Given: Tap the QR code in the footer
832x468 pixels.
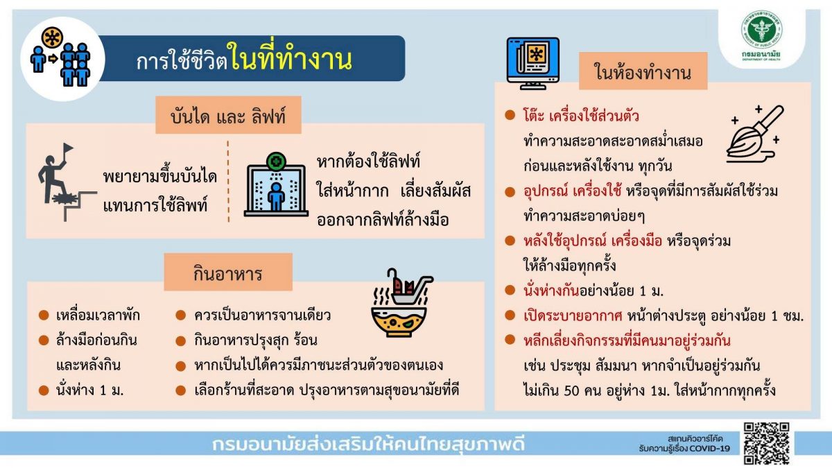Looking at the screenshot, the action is (x=767, y=444).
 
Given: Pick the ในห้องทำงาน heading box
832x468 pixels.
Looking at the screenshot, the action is (x=643, y=71).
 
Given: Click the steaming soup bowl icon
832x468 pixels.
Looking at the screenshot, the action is (x=402, y=303).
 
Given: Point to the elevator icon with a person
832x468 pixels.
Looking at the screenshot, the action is (x=276, y=184).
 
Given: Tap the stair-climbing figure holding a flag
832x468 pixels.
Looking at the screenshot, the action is (x=67, y=182).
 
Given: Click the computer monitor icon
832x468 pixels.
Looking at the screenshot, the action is (x=533, y=64).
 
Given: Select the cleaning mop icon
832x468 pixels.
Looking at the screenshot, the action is (x=755, y=134).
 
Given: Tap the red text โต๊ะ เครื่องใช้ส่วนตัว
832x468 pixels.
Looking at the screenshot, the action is (x=581, y=116).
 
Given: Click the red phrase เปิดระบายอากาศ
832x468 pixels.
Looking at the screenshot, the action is (x=573, y=315).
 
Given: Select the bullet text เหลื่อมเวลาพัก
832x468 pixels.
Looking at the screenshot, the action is (x=98, y=315).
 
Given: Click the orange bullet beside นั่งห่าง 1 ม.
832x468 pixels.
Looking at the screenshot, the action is (x=44, y=390).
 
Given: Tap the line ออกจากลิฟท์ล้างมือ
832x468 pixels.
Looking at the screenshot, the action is (x=383, y=219).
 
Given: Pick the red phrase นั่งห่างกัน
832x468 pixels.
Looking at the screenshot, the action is (x=551, y=291).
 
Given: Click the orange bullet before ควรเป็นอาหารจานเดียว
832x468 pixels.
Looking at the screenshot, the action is (x=180, y=315).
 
